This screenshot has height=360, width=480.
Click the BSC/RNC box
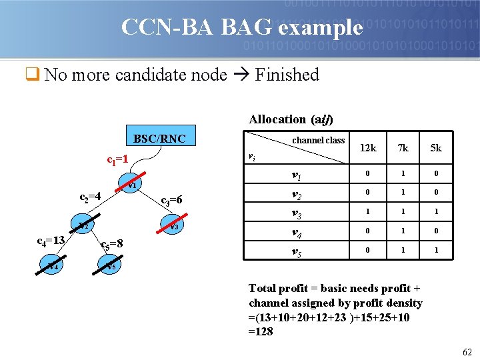pyautogui.click(x=159, y=139)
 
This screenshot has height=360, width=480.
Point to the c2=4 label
pyautogui.click(x=90, y=197)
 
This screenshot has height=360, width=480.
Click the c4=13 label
pyautogui.click(x=50, y=240)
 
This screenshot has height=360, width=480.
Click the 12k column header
pyautogui.click(x=368, y=148)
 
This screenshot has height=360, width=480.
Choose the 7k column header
pyautogui.click(x=403, y=148)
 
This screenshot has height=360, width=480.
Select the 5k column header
pyautogui.click(x=435, y=148)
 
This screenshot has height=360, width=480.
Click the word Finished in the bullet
pyautogui.click(x=287, y=75)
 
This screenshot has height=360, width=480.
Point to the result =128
pyautogui.click(x=261, y=331)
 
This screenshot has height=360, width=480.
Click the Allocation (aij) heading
pyautogui.click(x=291, y=119)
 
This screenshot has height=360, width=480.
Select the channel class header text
pyautogui.click(x=318, y=140)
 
